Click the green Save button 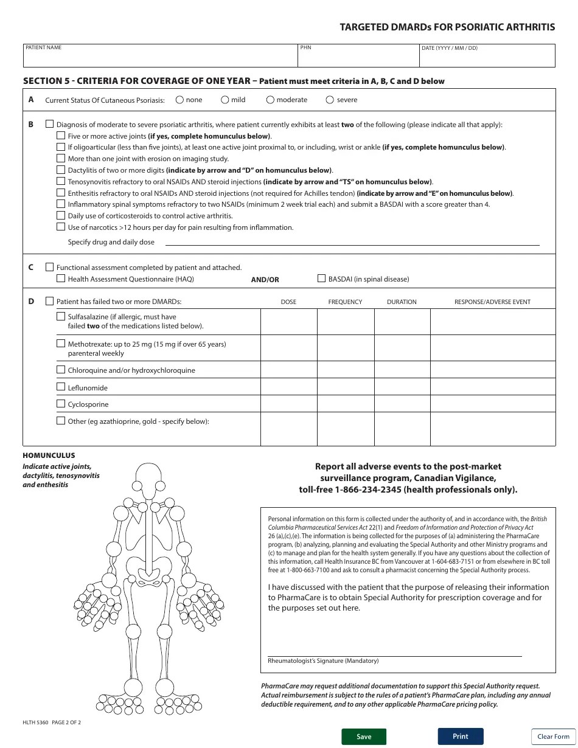pyautogui.click(x=364, y=736)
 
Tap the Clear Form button pyautogui.click(x=553, y=736)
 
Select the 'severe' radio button pyautogui.click(x=330, y=100)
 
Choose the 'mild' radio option pyautogui.click(x=225, y=100)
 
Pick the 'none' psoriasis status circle pyautogui.click(x=179, y=100)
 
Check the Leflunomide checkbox pyautogui.click(x=61, y=387)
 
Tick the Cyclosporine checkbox pyautogui.click(x=61, y=404)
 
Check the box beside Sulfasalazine pyautogui.click(x=61, y=316)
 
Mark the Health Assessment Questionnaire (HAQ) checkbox pyautogui.click(x=61, y=279)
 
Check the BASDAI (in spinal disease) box pyautogui.click(x=322, y=279)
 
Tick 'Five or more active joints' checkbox pyautogui.click(x=61, y=136)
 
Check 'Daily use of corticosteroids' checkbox pyautogui.click(x=61, y=215)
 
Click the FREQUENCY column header pyautogui.click(x=345, y=302)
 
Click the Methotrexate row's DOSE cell pyautogui.click(x=288, y=348)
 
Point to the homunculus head pyautogui.click(x=147, y=475)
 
